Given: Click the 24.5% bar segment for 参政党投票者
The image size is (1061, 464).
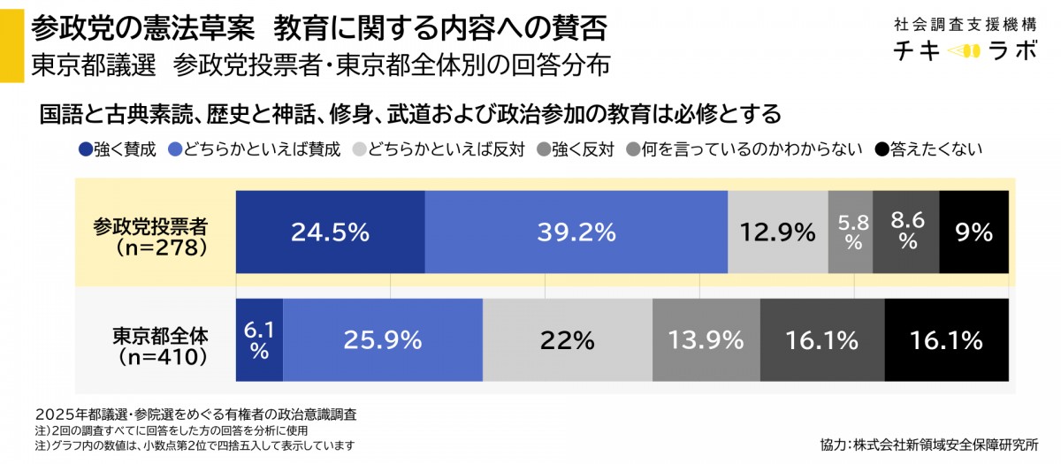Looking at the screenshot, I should pyautogui.click(x=330, y=232).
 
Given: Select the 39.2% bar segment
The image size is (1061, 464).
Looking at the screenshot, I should pyautogui.click(x=576, y=232).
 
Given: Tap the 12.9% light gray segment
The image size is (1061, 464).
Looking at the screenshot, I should pyautogui.click(x=778, y=232).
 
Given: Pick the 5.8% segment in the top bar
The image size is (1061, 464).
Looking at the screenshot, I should pyautogui.click(x=851, y=232).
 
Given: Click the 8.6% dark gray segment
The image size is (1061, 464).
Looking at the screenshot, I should pyautogui.click(x=906, y=232).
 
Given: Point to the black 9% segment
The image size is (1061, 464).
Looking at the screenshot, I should pyautogui.click(x=973, y=232).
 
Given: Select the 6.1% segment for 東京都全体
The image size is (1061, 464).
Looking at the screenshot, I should pyautogui.click(x=259, y=339).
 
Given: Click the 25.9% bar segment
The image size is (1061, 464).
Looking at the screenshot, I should pyautogui.click(x=383, y=339).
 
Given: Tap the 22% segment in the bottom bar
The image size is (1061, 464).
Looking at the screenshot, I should pyautogui.click(x=568, y=339).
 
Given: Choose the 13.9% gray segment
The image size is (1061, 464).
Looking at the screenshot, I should pyautogui.click(x=706, y=339).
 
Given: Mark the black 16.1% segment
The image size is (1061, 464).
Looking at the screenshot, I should pyautogui.click(x=946, y=339).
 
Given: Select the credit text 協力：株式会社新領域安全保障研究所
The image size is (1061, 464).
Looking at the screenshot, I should pyautogui.click(x=928, y=445).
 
